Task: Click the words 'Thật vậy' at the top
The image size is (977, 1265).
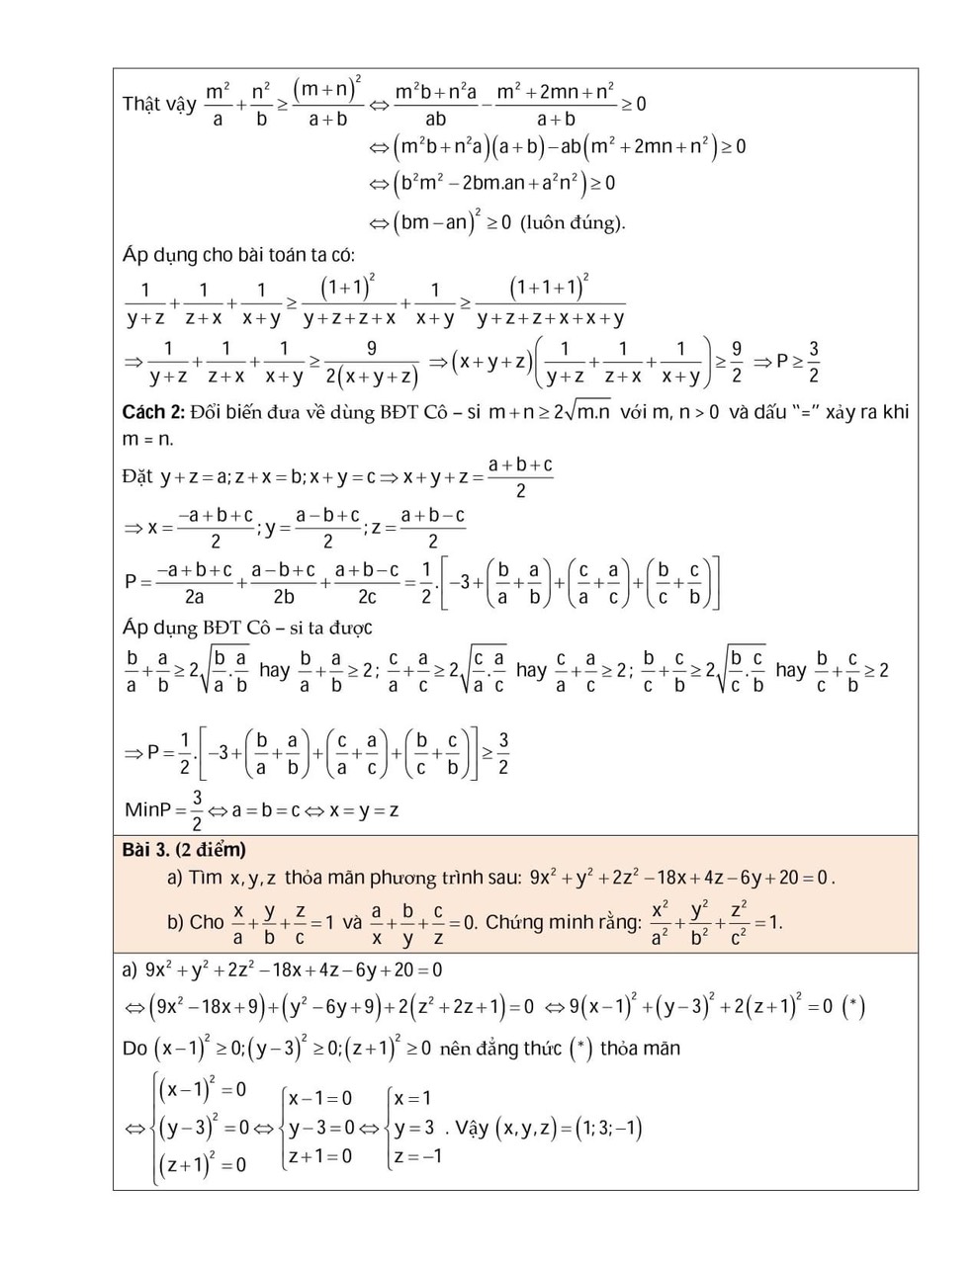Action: (x=158, y=104)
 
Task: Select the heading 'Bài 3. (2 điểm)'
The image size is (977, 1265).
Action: (x=184, y=850)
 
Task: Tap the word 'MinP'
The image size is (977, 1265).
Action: (x=149, y=810)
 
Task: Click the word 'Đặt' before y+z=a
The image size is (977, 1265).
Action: (x=138, y=476)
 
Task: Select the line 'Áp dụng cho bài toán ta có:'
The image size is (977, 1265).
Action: (x=238, y=255)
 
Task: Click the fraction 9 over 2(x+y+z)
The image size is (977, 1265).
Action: (x=370, y=363)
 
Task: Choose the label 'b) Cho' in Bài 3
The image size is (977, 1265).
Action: (x=196, y=922)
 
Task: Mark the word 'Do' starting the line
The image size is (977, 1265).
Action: (x=134, y=1049)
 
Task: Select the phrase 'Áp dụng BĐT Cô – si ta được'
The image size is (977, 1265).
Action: (x=247, y=628)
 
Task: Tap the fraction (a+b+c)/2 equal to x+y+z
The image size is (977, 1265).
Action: (x=520, y=476)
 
